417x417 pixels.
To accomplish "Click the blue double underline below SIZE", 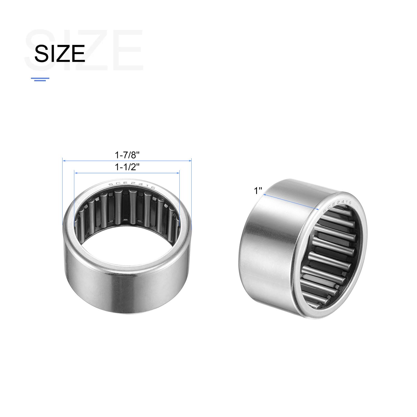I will point(40,79).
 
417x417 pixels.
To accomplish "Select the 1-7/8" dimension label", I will point(127,155).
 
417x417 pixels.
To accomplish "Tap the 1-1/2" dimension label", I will point(127,167).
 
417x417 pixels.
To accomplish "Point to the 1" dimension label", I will point(258,191).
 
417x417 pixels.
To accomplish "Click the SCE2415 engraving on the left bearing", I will point(132,185).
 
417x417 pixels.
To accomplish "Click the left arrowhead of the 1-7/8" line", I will point(64,161).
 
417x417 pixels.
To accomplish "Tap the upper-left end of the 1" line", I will point(264,194).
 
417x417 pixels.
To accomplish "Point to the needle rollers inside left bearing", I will point(128,208).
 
